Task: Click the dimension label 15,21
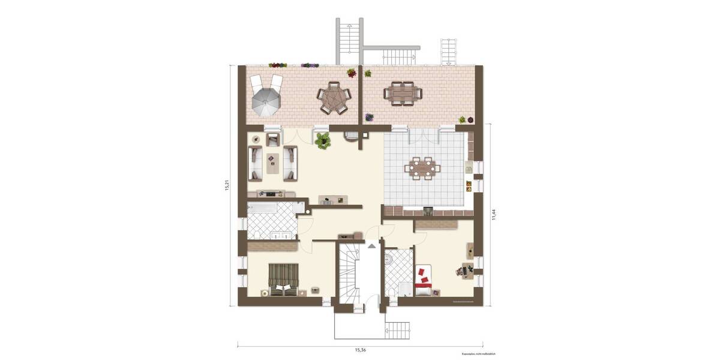click(x=227, y=185)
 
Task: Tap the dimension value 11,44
click(x=494, y=214)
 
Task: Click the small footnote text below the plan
click(x=478, y=354)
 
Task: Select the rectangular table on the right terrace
click(x=403, y=93)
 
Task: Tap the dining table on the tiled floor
click(x=422, y=167)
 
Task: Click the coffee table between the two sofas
click(x=273, y=163)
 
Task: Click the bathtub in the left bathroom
click(x=262, y=208)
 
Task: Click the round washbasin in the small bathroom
click(x=389, y=259)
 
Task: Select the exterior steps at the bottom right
click(x=397, y=329)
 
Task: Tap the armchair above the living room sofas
click(x=272, y=140)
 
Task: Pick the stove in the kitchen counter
click(x=428, y=211)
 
